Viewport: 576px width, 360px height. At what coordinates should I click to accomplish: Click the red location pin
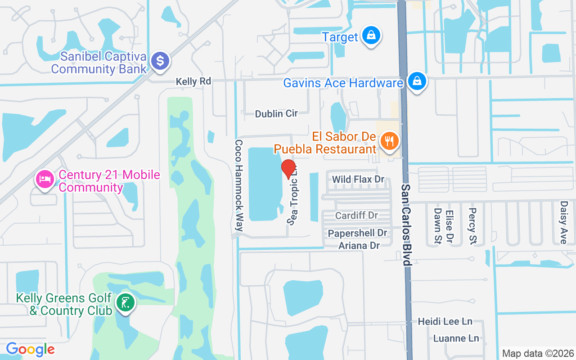288,169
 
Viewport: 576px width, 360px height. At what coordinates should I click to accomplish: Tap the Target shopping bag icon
371,36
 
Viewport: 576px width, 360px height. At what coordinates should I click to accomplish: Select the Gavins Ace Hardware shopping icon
417,82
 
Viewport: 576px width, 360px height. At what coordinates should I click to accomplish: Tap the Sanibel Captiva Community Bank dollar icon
160,61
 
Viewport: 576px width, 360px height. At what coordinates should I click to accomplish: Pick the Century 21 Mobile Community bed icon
45,180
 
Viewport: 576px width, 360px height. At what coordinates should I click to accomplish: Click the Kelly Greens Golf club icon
126,302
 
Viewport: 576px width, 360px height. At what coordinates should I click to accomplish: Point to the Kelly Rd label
193,81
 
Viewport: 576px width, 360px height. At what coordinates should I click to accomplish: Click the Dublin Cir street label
276,113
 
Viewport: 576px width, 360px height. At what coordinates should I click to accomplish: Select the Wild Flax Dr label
358,180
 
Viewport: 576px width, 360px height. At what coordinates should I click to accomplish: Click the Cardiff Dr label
356,216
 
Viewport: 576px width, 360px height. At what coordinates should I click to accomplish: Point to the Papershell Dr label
357,233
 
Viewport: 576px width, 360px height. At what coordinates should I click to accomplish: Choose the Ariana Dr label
359,245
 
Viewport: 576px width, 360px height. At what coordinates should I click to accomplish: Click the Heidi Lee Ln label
445,321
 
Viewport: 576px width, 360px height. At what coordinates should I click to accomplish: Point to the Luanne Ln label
456,338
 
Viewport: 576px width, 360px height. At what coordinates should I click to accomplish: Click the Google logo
30,349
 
